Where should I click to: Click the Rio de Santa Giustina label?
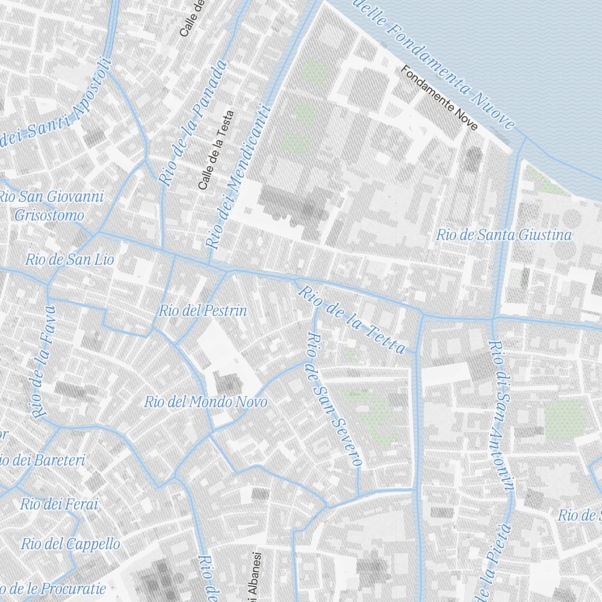(x=504, y=235)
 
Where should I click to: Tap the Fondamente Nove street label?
(x=439, y=98)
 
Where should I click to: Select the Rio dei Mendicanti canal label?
(x=240, y=178)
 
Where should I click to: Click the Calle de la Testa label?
(x=215, y=150)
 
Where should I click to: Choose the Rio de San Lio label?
(x=69, y=260)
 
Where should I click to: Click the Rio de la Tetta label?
(x=352, y=320)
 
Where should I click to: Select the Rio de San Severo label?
(x=334, y=400)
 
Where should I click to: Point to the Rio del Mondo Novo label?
(x=205, y=402)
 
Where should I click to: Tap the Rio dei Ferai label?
(x=58, y=504)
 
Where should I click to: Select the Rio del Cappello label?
(x=70, y=544)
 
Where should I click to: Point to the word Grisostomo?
(x=49, y=215)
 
